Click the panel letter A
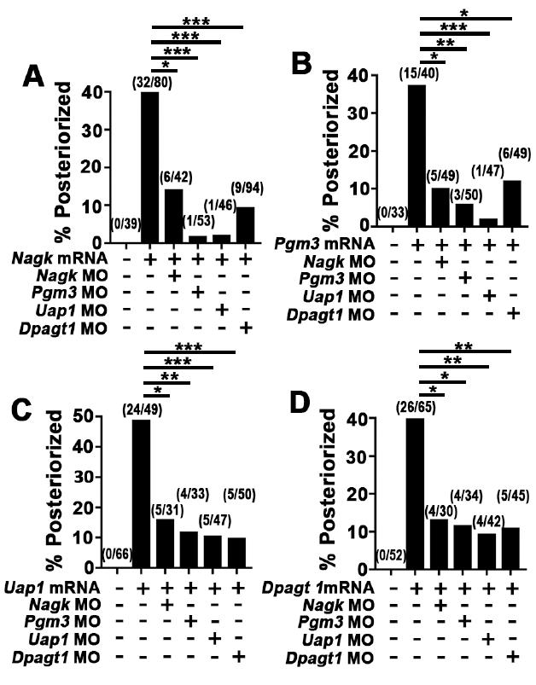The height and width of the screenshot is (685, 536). click(32, 78)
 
